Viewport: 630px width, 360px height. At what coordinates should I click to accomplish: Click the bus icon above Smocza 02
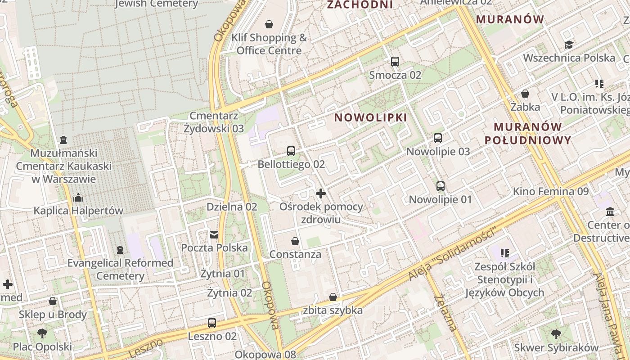pos(395,62)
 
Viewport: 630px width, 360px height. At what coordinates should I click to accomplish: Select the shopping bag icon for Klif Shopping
pos(269,24)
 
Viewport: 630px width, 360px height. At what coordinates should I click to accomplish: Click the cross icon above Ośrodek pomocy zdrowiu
pos(321,194)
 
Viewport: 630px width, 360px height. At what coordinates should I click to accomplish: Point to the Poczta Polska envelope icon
pos(214,234)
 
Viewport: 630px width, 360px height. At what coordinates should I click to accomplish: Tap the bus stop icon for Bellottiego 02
pos(291,151)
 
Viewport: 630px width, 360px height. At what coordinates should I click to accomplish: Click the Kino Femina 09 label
pos(551,192)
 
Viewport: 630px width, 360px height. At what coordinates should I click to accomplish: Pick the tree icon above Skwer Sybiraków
pos(556,334)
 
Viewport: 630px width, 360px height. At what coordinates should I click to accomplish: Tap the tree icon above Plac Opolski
pos(42,333)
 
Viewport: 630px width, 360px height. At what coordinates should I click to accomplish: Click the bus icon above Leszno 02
pos(212,323)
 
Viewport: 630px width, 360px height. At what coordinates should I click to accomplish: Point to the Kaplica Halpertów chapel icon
pos(78,198)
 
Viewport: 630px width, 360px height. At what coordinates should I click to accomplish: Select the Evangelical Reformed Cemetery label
pos(120,269)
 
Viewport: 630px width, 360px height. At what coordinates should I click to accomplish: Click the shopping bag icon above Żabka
pos(525,94)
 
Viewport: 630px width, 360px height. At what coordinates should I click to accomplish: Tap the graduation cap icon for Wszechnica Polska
pos(569,45)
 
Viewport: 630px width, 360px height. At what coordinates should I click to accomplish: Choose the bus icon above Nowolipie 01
pos(440,186)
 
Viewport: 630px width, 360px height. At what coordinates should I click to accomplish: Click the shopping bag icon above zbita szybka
pos(333,297)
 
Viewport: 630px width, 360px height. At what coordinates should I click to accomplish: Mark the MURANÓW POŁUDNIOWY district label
pos(528,133)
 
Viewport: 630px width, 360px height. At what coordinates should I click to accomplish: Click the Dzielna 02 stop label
pos(232,207)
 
